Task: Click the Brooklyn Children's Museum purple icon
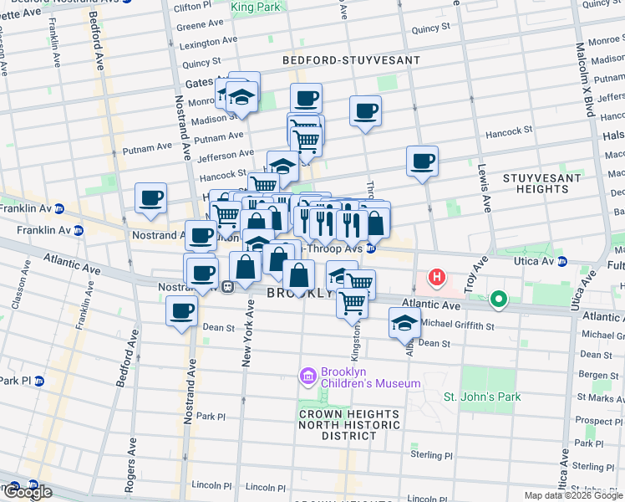point(307,376)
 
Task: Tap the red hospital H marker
point(436,277)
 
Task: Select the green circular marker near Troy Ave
point(499,298)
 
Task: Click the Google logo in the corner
point(27,492)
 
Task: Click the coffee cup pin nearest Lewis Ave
point(423,161)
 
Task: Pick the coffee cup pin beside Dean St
point(182,312)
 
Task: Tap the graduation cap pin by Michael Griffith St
point(404,322)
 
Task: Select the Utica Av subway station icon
point(562,261)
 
